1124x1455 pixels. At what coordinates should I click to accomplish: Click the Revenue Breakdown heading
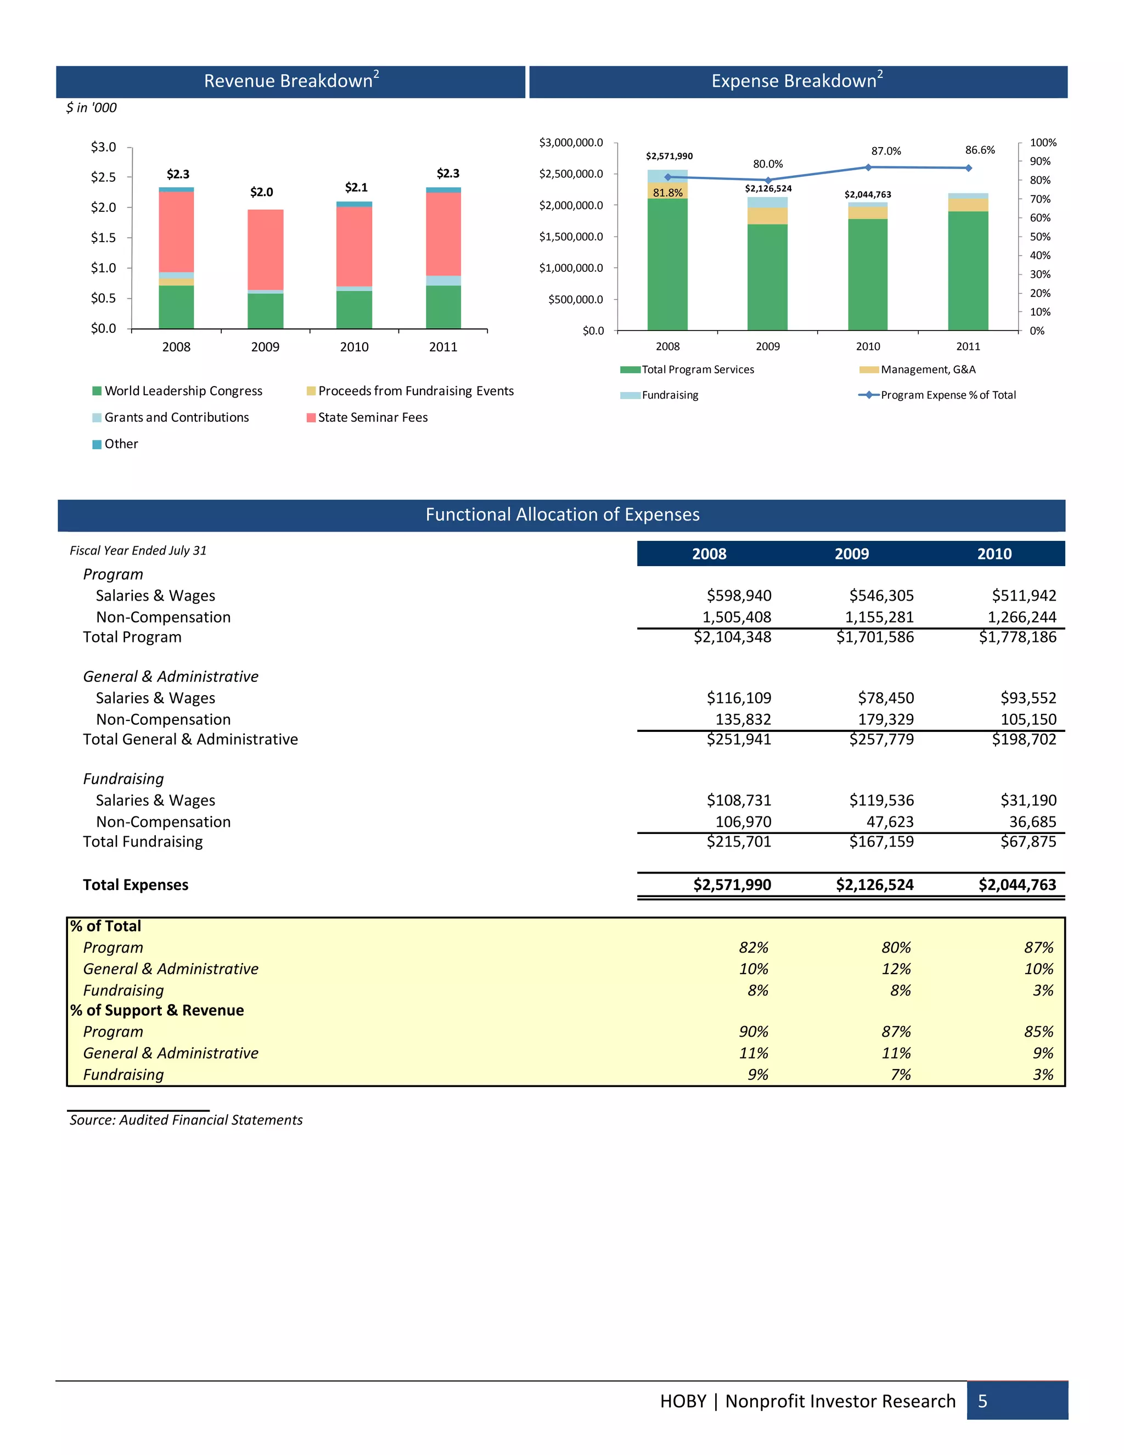[291, 81]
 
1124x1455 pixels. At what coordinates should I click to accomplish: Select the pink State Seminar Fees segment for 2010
[353, 246]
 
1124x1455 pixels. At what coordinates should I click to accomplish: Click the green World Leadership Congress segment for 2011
[443, 306]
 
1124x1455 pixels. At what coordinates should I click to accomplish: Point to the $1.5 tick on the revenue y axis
[103, 238]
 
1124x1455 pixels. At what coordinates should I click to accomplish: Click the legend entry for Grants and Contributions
[176, 418]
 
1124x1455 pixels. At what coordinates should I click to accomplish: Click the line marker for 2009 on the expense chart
[768, 181]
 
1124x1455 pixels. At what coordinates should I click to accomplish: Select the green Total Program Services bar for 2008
[667, 265]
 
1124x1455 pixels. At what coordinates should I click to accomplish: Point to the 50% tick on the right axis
[1039, 237]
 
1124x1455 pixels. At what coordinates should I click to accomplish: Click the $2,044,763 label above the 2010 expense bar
[867, 194]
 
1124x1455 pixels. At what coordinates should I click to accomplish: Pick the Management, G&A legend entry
[928, 370]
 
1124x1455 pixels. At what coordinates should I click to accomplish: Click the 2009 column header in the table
[851, 555]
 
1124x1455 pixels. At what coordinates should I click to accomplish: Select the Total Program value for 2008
[732, 637]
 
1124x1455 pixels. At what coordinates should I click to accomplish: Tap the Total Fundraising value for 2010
[1027, 842]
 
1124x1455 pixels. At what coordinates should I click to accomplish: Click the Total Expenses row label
[135, 886]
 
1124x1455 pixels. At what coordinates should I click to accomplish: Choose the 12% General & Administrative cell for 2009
[896, 969]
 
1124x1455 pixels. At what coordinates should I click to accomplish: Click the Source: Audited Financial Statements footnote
[186, 1121]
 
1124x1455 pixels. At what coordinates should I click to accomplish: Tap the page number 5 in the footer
[982, 1402]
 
